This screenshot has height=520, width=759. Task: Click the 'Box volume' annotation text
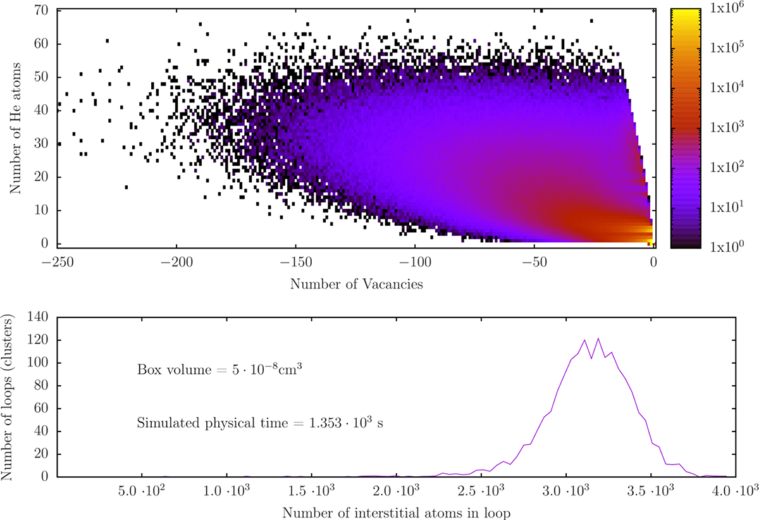218,369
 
